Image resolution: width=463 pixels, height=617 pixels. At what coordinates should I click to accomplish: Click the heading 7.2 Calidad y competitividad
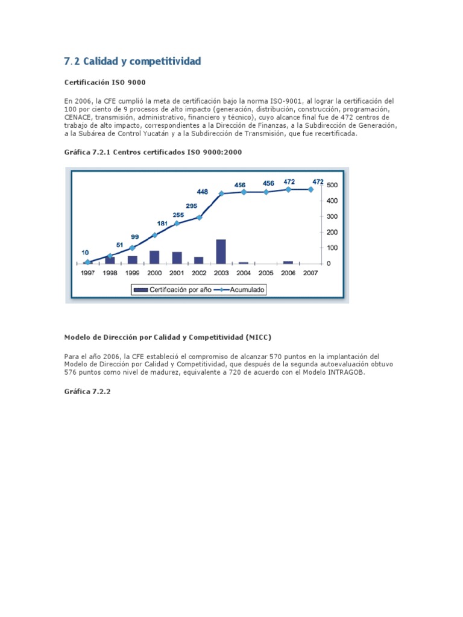[132, 61]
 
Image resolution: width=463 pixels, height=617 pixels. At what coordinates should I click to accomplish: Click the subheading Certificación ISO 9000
[105, 82]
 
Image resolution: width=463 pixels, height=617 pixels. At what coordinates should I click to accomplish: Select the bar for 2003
[221, 251]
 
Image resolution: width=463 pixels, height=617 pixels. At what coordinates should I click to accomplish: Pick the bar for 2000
[154, 257]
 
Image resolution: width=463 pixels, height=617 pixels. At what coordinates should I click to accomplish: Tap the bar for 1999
[132, 260]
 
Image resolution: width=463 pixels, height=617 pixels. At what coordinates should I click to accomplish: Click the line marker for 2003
[221, 193]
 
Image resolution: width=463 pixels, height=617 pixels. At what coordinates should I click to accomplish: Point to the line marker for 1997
[87, 262]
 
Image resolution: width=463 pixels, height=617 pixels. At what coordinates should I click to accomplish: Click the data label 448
[202, 192]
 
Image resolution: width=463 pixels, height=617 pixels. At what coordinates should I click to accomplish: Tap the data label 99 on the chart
[134, 237]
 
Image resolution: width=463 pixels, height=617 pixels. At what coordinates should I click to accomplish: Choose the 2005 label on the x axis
[266, 273]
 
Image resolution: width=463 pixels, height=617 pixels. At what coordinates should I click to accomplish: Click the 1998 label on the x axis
[110, 273]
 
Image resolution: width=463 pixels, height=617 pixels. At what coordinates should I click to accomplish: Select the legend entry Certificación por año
[172, 290]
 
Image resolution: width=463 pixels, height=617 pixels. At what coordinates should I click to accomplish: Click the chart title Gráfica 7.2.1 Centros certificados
[153, 152]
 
